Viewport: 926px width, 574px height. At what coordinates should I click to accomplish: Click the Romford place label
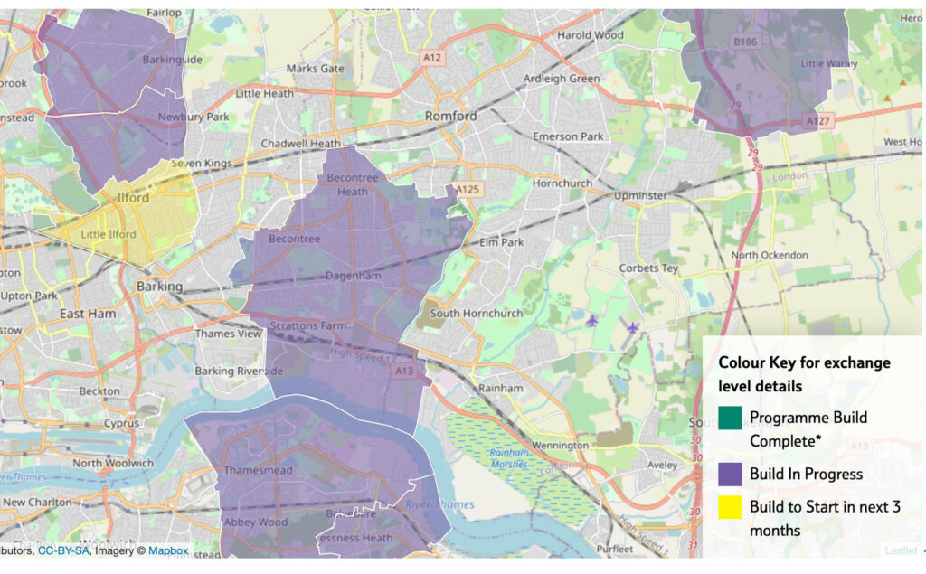coord(450,117)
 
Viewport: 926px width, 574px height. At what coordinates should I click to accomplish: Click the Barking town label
coord(159,286)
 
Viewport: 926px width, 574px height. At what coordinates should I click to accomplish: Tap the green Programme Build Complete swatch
coord(731,419)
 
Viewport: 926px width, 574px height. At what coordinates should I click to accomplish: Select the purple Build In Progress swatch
coord(731,474)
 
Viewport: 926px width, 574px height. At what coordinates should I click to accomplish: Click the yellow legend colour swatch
coord(731,507)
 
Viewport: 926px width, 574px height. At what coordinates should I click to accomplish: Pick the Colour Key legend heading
coord(804,373)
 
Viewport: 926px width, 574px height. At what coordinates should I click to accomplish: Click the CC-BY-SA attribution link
coord(65,550)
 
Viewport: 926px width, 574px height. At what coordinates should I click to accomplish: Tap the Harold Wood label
coord(590,35)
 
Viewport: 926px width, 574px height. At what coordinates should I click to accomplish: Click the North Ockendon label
coord(770,255)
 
